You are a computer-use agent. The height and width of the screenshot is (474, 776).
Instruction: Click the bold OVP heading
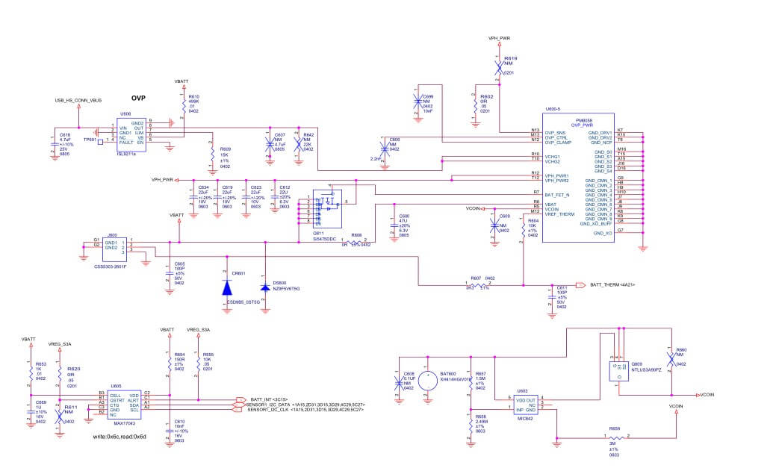(x=138, y=98)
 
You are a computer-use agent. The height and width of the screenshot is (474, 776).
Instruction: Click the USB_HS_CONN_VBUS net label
(x=78, y=99)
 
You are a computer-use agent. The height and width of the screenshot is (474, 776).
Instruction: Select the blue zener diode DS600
(x=264, y=287)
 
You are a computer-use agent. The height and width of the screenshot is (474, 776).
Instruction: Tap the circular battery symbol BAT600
(x=428, y=381)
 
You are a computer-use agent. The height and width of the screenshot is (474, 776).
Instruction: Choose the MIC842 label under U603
(x=527, y=420)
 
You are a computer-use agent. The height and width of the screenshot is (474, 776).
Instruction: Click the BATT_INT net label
(x=264, y=399)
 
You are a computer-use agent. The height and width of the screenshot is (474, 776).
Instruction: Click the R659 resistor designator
(x=614, y=428)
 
